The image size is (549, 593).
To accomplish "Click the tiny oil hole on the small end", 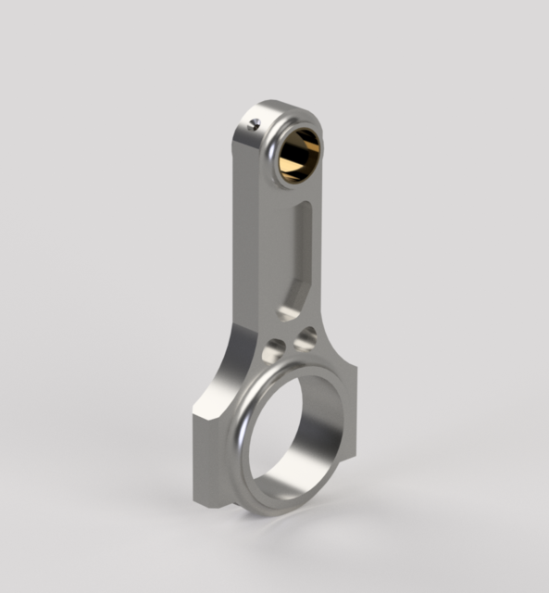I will coord(256,122).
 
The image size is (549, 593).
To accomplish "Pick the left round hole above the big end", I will coord(274,351).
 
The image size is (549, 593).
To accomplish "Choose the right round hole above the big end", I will coord(305,340).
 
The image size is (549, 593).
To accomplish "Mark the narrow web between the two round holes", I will coord(290,345).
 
